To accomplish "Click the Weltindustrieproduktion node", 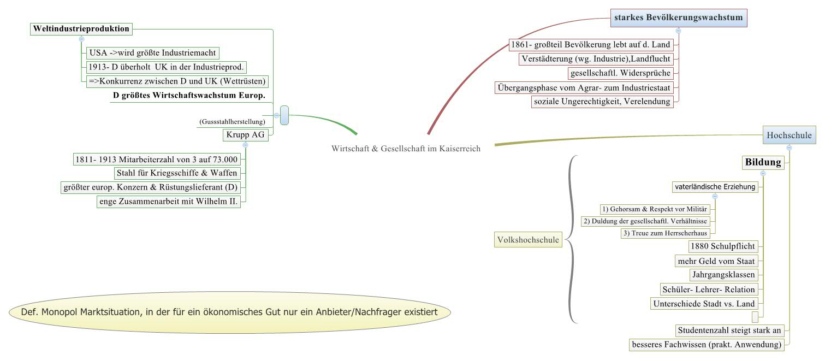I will (x=81, y=29).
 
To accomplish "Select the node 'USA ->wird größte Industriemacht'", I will (x=152, y=53).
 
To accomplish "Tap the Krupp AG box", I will (x=246, y=134).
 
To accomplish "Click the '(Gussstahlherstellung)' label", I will (x=232, y=121).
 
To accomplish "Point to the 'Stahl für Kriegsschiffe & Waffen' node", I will (x=177, y=173).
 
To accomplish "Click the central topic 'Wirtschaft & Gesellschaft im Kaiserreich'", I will (x=406, y=149).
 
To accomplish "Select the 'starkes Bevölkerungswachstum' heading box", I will (x=678, y=18).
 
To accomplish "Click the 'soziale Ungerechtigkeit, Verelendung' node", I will (x=602, y=101).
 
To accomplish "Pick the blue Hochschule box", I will (x=789, y=135).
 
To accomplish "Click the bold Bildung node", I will (x=763, y=162).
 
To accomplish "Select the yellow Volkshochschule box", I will (x=527, y=239).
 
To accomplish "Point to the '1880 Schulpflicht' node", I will (x=722, y=246).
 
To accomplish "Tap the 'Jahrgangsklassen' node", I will (x=722, y=275).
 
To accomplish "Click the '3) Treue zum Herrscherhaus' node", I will (x=665, y=233).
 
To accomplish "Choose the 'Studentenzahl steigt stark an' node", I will (x=729, y=331).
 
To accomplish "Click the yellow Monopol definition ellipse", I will (x=230, y=312).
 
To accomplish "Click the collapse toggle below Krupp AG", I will (x=245, y=145).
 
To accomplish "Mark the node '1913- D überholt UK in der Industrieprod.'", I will (x=166, y=67).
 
